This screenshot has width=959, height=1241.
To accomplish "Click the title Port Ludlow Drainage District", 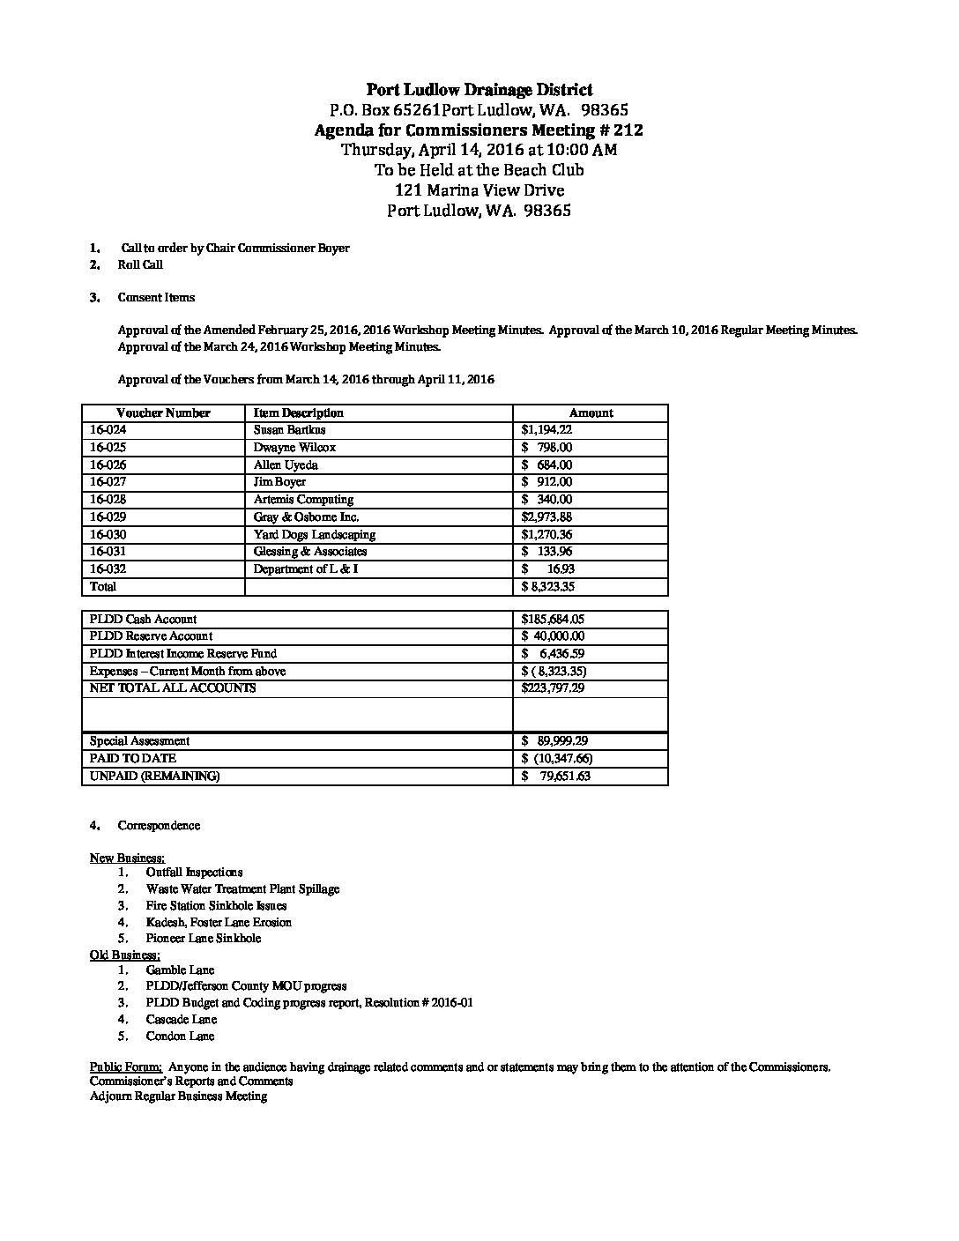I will coord(479,89).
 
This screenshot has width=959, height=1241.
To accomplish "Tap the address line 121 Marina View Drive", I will coord(479,189).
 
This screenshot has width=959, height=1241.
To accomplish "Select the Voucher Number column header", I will coord(163,412).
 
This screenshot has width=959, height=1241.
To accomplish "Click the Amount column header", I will coord(591,412).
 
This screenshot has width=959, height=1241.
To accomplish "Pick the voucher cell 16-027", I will coord(108,482).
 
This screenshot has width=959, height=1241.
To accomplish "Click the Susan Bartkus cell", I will coord(289,430).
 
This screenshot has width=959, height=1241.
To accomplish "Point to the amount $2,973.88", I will coord(546,517).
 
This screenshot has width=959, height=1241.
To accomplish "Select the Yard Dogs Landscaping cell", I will coord(315,534).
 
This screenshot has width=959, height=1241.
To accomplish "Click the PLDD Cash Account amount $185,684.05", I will coord(553,620).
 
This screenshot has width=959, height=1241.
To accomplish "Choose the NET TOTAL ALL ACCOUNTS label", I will coord(173,687).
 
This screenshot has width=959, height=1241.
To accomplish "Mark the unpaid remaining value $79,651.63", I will coord(555,777).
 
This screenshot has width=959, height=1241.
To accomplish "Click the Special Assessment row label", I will coord(139,741).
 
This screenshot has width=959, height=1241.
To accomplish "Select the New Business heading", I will coord(127,858).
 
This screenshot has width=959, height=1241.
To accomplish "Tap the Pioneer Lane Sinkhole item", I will coord(204,938).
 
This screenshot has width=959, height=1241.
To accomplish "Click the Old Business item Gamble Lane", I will coord(180,970).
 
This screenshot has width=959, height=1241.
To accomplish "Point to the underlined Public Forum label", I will coord(125,1066).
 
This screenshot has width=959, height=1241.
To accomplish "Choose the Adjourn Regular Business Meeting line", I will coord(178,1096).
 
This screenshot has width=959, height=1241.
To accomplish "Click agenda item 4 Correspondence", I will coord(159,825).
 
